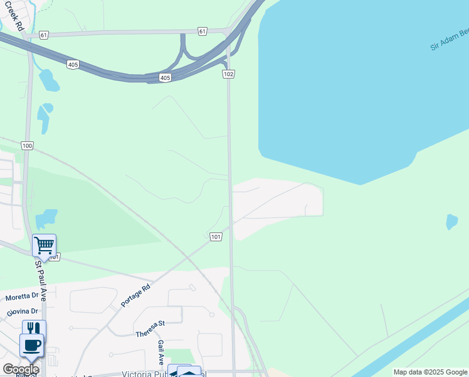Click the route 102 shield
coord(228,74)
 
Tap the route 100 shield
coord(27,146)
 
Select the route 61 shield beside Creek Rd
coord(43,35)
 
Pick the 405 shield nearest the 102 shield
coord(165,77)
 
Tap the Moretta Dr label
coord(22,297)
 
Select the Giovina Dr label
coord(23,311)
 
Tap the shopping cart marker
coord(44,245)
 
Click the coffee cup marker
coord(31,345)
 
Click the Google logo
coord(21,369)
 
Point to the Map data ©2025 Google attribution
coord(430,372)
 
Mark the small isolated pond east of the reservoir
coord(451,222)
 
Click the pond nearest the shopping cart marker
coord(46,219)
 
